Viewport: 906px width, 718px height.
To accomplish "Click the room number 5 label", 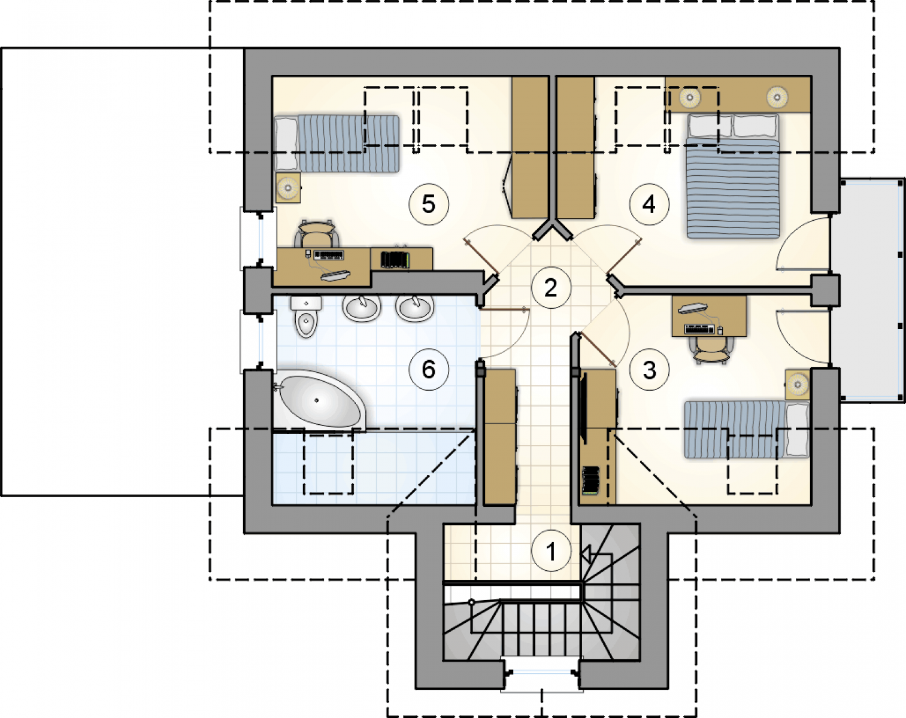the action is [429, 205].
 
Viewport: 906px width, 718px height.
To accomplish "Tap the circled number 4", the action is [649, 205].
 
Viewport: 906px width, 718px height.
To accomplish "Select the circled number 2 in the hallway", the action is [551, 288].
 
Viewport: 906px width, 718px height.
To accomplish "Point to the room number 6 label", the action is [429, 370].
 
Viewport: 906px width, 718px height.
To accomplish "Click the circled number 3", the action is [649, 370].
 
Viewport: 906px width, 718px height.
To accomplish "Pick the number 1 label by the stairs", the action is [551, 550].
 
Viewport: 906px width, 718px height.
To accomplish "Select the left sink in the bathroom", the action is [362, 308].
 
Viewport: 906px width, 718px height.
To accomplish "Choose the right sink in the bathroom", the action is [415, 308].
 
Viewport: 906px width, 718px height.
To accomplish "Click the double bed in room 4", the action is [733, 177].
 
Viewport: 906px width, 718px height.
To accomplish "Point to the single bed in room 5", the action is [337, 144].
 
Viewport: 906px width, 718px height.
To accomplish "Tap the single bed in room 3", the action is [747, 429].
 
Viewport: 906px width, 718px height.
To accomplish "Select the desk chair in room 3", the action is [709, 351].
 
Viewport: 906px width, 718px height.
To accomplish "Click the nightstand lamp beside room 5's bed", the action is [288, 187].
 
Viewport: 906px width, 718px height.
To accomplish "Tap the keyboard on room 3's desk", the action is [699, 329].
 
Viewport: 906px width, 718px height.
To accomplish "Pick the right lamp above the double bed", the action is [777, 98].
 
